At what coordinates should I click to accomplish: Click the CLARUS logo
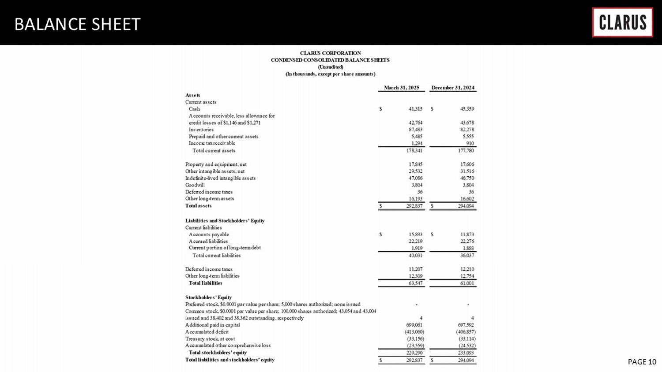pyautogui.click(x=622, y=22)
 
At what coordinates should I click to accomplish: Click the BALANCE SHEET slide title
pyautogui.click(x=77, y=24)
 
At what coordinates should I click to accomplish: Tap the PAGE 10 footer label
pyautogui.click(x=642, y=362)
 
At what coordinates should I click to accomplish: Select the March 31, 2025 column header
pyautogui.click(x=402, y=88)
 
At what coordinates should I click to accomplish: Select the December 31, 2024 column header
pyautogui.click(x=453, y=88)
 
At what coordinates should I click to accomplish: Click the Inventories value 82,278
pyautogui.click(x=467, y=130)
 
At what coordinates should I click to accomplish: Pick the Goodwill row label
pyautogui.click(x=195, y=185)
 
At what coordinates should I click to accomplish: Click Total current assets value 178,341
pyautogui.click(x=414, y=151)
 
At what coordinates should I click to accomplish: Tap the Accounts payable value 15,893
pyautogui.click(x=415, y=234)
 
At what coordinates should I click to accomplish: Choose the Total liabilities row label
pyautogui.click(x=205, y=283)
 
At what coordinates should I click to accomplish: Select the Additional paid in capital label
pyautogui.click(x=212, y=325)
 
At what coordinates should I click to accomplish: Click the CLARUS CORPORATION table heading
pyautogui.click(x=330, y=53)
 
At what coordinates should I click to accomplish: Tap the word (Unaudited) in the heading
pyautogui.click(x=330, y=67)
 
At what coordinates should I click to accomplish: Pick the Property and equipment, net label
pyautogui.click(x=216, y=164)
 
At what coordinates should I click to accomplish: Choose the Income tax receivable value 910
pyautogui.click(x=470, y=143)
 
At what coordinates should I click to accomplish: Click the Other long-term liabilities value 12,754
pyautogui.click(x=467, y=276)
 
